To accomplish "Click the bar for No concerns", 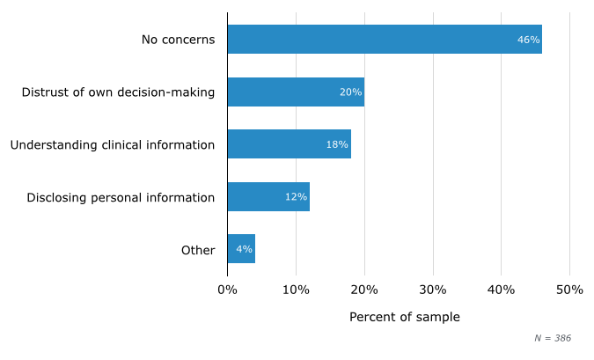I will (x=384, y=40).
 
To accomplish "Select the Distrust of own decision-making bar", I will (x=296, y=92).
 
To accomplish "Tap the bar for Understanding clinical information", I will (x=289, y=144).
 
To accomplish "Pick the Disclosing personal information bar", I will (x=268, y=197).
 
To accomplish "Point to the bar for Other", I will (x=241, y=249).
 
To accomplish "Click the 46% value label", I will (x=528, y=40).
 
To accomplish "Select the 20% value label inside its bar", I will (x=350, y=92).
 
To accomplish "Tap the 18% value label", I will (x=337, y=144).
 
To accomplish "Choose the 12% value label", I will (x=296, y=197).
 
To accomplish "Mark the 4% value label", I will (x=244, y=249).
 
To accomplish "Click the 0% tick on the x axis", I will (x=227, y=290).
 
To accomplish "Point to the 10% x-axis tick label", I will (x=296, y=290).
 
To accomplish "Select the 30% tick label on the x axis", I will (x=433, y=290).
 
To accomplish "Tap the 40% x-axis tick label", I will (x=501, y=290).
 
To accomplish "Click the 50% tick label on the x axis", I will (x=569, y=290).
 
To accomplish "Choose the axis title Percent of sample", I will (x=404, y=317).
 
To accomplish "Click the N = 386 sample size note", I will (x=553, y=338).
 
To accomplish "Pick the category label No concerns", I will (x=178, y=40).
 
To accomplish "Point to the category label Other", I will (x=198, y=250).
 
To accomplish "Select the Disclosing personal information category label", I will (x=121, y=197).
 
